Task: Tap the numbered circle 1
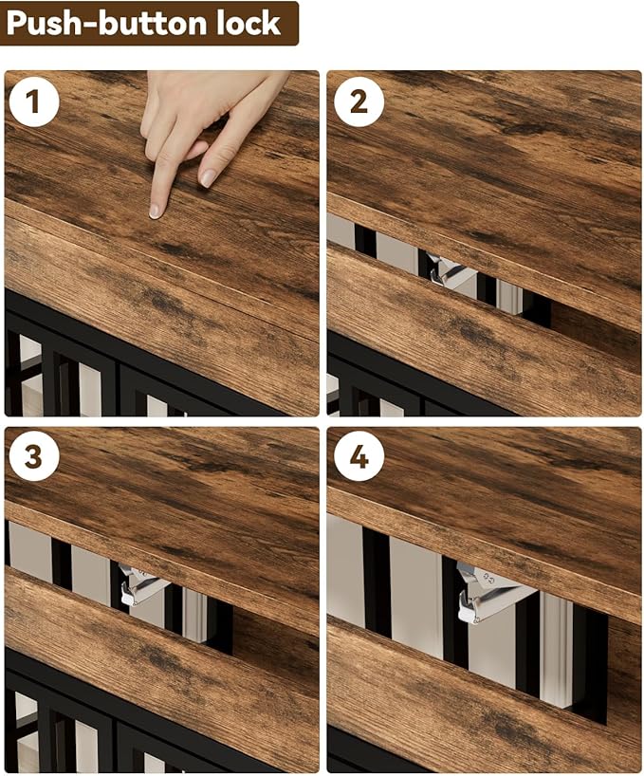pyautogui.click(x=33, y=102)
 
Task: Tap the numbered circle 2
pyautogui.click(x=359, y=102)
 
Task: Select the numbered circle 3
pyautogui.click(x=33, y=456)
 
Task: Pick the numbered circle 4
pyautogui.click(x=359, y=456)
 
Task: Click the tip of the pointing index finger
pyautogui.click(x=156, y=212)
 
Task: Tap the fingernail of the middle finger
pyautogui.click(x=208, y=178)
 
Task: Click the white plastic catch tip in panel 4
pyautogui.click(x=469, y=616)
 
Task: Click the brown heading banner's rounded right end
pyautogui.click(x=296, y=24)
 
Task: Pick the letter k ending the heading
pyautogui.click(x=270, y=23)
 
